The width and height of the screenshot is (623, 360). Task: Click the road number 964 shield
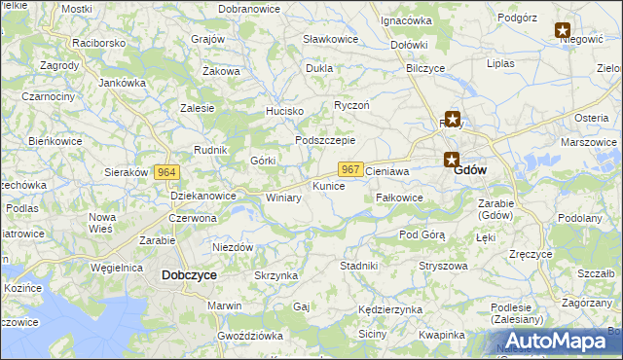166,172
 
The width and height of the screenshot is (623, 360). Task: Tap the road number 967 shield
352,169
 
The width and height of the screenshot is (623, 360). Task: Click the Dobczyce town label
189,275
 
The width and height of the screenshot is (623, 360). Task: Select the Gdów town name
471,169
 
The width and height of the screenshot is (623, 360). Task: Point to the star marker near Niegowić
564,30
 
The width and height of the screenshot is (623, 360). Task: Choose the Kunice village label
328,185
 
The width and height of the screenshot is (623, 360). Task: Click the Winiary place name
283,198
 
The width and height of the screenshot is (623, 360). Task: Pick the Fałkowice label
399,197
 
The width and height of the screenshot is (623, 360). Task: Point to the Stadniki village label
357,265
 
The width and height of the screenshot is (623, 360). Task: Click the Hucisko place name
285,111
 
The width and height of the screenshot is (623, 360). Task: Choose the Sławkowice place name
330,39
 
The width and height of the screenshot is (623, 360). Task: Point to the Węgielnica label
117,267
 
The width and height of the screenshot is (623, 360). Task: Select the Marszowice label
589,142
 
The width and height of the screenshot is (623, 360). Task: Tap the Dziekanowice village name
203,196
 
